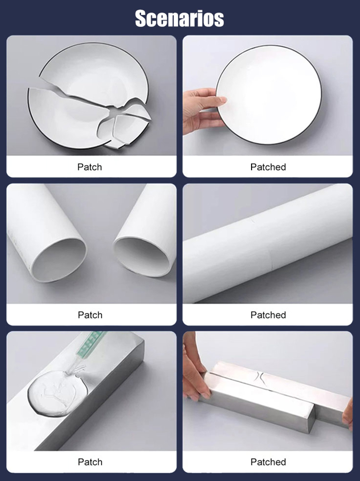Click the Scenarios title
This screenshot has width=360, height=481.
[x=180, y=18]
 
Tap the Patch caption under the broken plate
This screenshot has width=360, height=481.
[x=90, y=167]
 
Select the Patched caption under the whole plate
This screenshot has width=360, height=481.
[x=268, y=167]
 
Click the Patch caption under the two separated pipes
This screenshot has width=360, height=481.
[x=90, y=315]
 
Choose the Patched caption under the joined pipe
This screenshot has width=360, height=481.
[x=268, y=315]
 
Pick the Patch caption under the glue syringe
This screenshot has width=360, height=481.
[x=90, y=462]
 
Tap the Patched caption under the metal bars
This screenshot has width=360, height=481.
[x=268, y=462]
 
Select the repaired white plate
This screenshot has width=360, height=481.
[x=269, y=94]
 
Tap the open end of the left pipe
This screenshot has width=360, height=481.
[x=59, y=259]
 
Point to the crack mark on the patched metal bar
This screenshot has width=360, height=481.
[x=259, y=376]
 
